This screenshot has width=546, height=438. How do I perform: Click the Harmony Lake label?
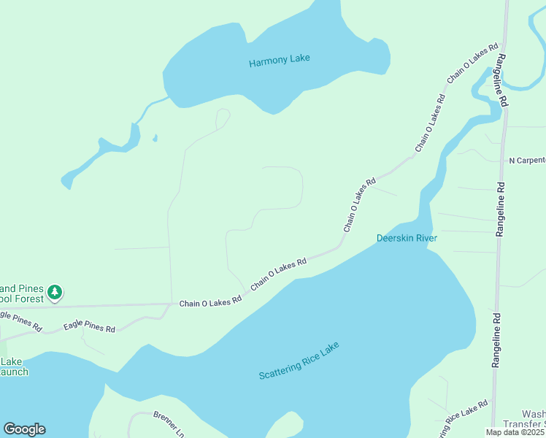tap(280, 61)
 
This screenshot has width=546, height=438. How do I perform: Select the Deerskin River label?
tap(406, 238)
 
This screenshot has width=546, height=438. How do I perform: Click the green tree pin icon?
tap(55, 293)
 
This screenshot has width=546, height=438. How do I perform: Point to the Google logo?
tap(24, 429)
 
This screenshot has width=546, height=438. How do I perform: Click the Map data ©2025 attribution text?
tap(515, 432)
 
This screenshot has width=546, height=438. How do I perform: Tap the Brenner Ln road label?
tap(169, 425)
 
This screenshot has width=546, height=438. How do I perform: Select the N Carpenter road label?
tap(526, 160)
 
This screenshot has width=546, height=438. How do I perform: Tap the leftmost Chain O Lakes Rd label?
tap(210, 301)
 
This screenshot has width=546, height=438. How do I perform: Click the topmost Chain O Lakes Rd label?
tap(468, 66)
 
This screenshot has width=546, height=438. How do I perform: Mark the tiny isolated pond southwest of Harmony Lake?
tap(155, 138)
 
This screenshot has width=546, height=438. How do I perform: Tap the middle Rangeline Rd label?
tap(500, 209)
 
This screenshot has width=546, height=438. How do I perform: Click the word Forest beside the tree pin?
tap(26, 299)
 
